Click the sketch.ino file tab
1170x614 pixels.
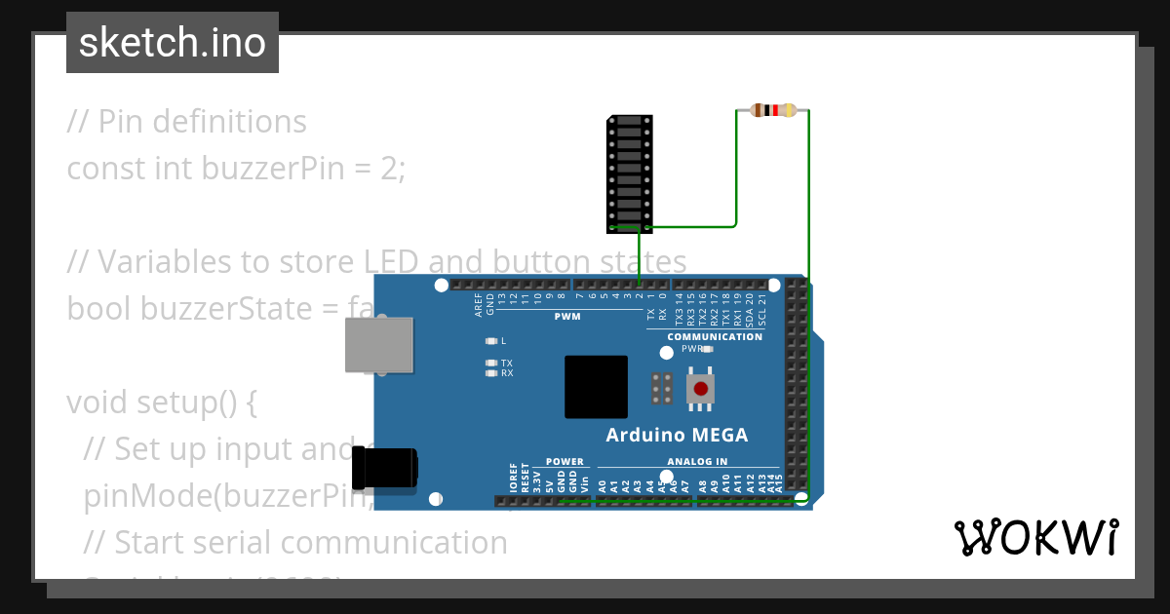(173, 43)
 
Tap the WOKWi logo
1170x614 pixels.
(1036, 537)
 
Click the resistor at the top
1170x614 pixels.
(773, 110)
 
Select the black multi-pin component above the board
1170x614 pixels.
(630, 173)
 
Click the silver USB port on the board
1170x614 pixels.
(378, 345)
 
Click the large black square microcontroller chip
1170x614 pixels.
(596, 387)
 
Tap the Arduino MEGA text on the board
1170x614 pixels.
(677, 435)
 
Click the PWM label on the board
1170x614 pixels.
(567, 317)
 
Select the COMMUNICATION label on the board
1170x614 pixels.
(715, 337)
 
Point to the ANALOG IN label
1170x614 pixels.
(697, 462)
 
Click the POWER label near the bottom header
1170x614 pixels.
(565, 462)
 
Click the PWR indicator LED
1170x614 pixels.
(708, 348)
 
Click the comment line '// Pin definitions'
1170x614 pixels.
(186, 122)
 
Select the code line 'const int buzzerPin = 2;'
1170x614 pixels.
(235, 169)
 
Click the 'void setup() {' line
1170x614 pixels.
(161, 403)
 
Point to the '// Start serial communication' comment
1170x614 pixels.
(295, 542)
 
